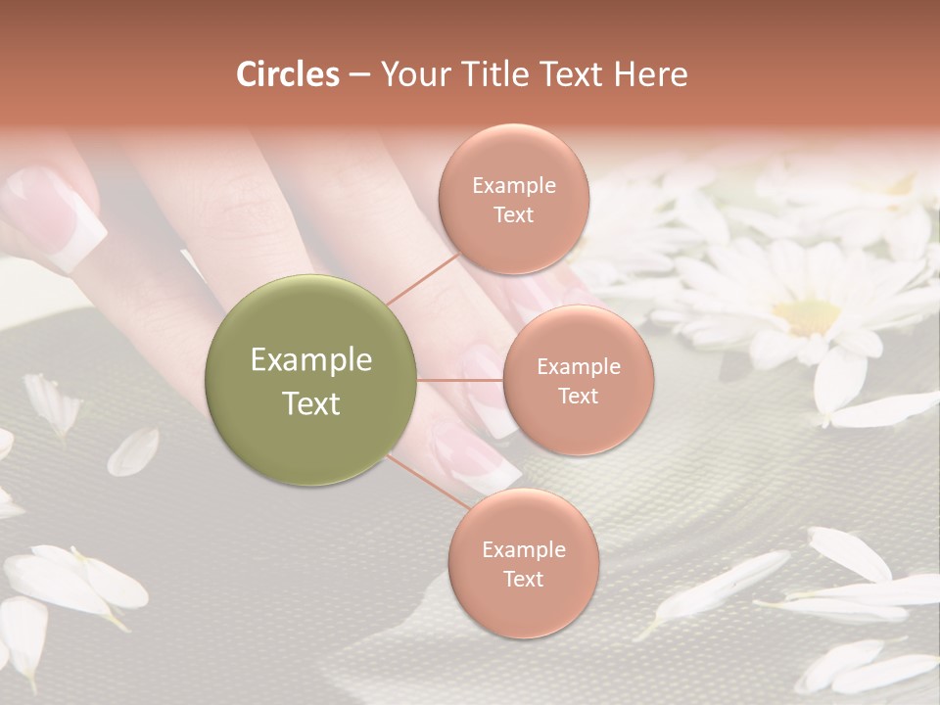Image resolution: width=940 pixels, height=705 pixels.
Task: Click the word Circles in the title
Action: click(287, 74)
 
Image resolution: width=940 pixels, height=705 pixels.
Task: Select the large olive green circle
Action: click(310, 380)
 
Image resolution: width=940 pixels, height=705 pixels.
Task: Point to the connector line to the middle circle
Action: click(460, 380)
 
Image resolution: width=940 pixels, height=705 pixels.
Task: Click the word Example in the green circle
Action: click(310, 360)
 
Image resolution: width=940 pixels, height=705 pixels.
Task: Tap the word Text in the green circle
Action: click(310, 403)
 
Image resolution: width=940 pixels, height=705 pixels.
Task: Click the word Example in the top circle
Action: click(513, 185)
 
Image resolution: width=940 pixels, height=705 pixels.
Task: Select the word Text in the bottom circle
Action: click(523, 579)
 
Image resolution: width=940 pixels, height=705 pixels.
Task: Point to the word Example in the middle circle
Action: click(578, 367)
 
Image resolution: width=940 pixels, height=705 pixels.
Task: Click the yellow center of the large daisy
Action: click(807, 315)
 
